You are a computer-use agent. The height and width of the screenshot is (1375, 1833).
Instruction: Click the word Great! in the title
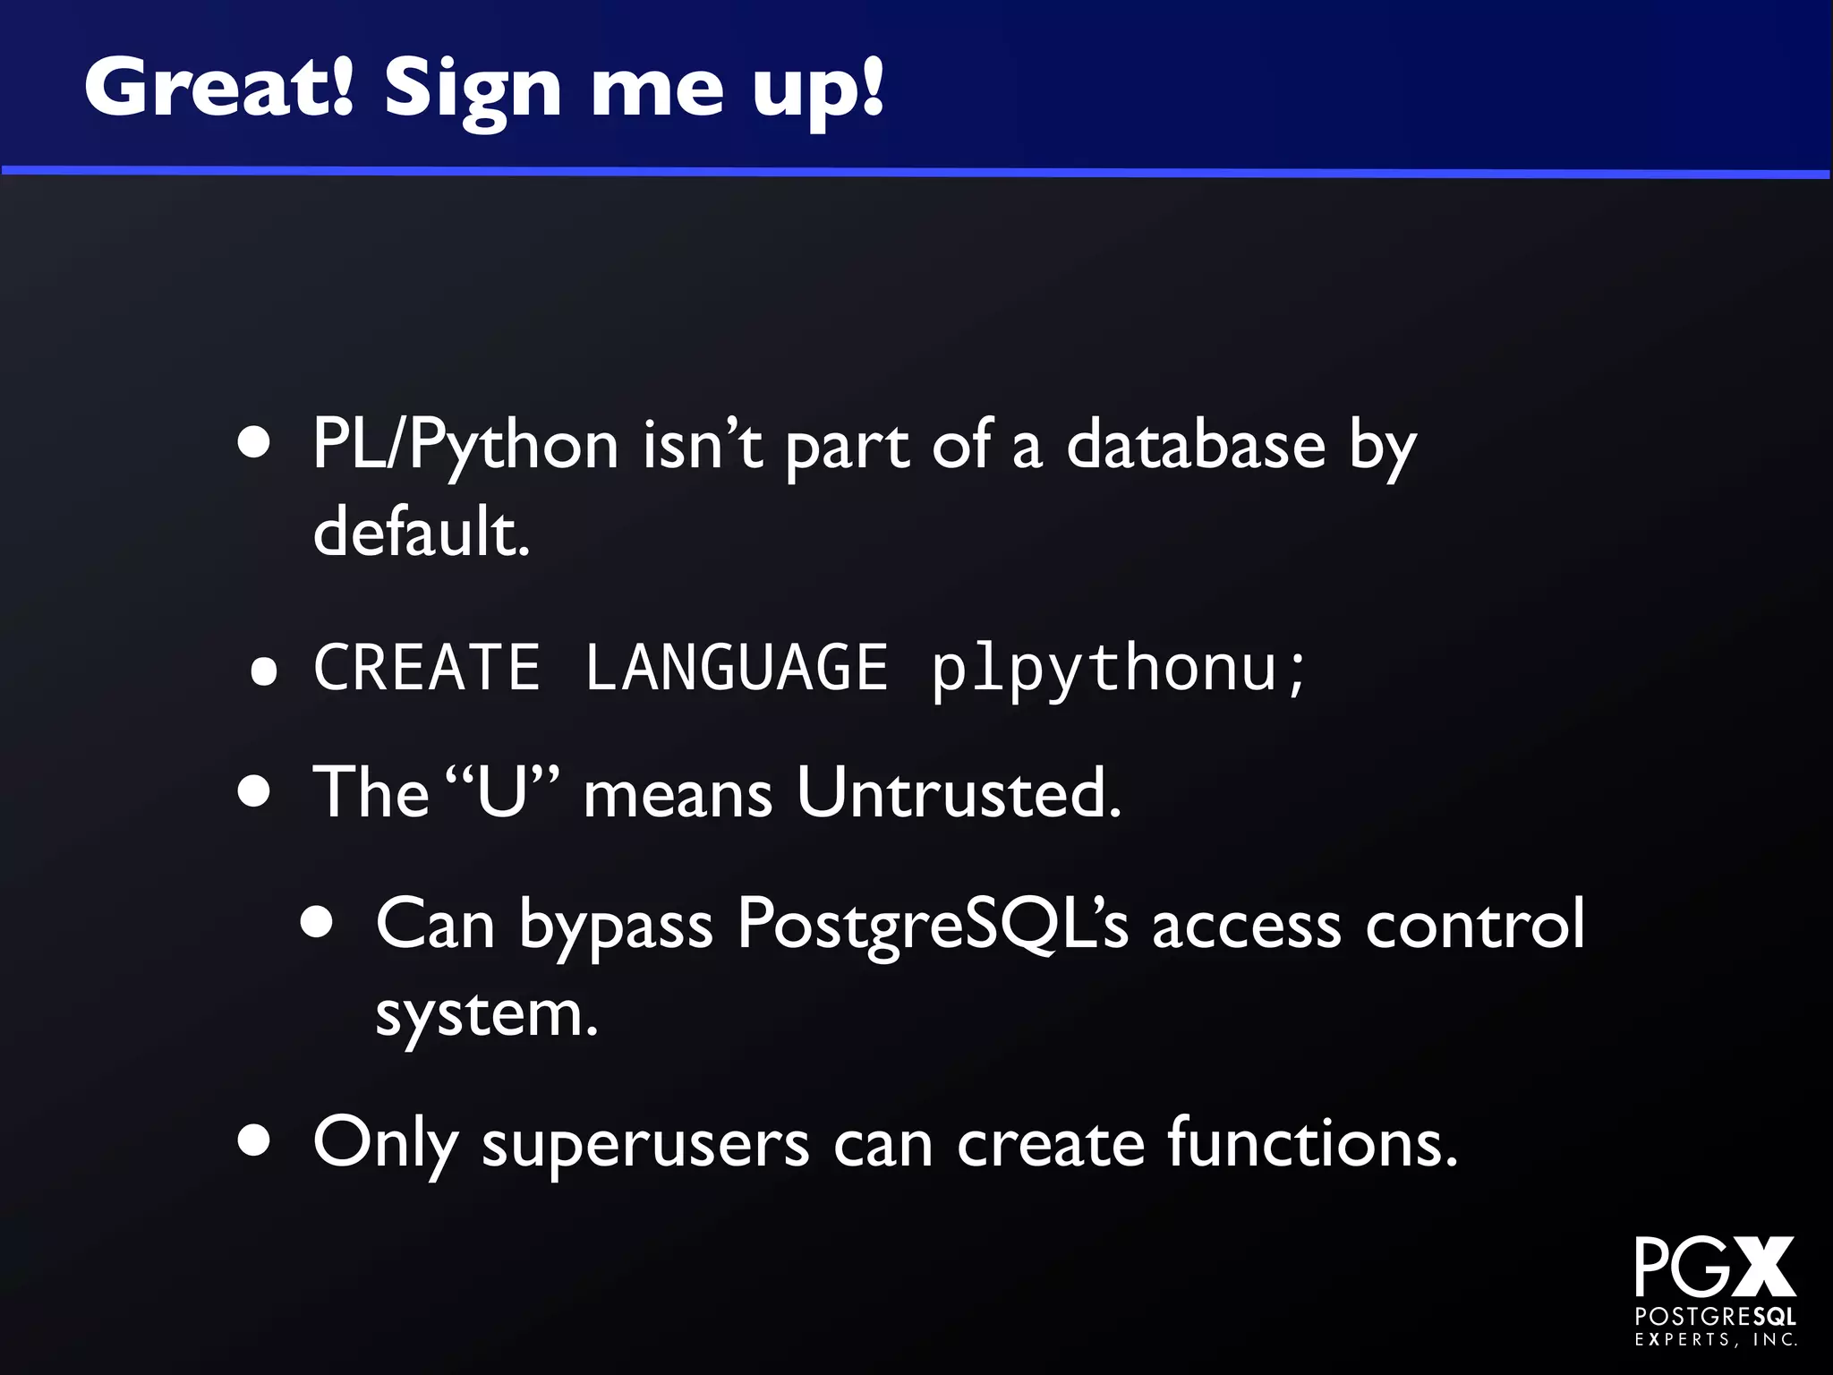coord(219,88)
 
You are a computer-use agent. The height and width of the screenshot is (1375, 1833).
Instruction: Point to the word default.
coord(421,530)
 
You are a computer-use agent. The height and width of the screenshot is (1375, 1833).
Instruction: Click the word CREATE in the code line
coord(426,668)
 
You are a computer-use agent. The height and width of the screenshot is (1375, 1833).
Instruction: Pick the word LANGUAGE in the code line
coord(736,668)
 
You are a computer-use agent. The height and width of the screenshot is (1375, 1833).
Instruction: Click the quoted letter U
coord(502,791)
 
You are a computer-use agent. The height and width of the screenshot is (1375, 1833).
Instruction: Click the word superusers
coord(644,1144)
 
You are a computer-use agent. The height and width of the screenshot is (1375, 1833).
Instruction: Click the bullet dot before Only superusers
coord(255,1141)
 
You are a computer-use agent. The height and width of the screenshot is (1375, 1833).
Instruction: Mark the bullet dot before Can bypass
coord(318,921)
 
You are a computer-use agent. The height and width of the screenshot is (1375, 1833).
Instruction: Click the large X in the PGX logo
coord(1761,1267)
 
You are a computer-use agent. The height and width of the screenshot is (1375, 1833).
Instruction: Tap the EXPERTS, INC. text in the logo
coord(1716,1340)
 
